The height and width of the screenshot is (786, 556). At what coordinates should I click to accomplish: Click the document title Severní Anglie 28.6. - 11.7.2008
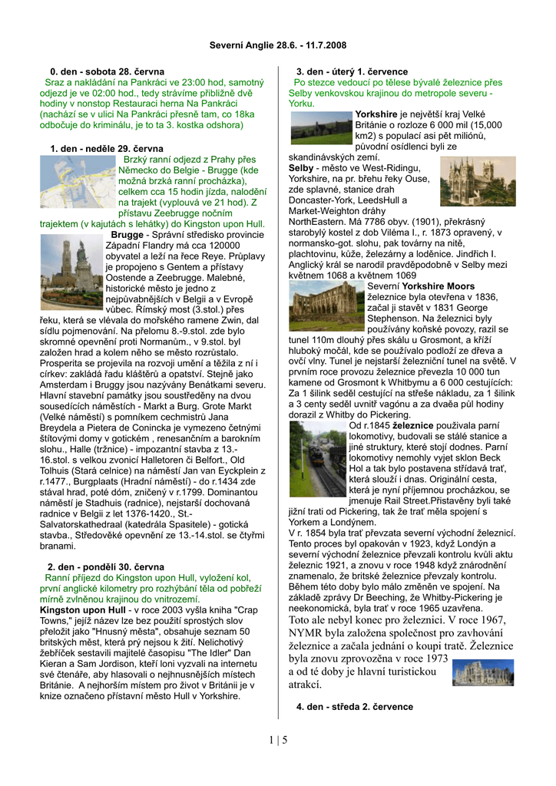(x=278, y=45)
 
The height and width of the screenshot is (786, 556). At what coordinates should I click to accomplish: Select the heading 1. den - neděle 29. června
(x=107, y=148)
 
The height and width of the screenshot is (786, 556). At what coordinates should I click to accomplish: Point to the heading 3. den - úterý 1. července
(x=356, y=71)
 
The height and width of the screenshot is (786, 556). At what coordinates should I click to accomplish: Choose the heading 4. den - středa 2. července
(x=354, y=706)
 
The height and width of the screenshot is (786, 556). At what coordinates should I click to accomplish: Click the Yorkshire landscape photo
(x=321, y=127)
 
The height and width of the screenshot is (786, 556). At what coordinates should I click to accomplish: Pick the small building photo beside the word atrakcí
(x=483, y=672)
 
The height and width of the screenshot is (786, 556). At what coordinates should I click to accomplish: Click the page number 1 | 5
(x=278, y=740)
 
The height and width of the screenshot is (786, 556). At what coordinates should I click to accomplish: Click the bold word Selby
(x=302, y=167)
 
